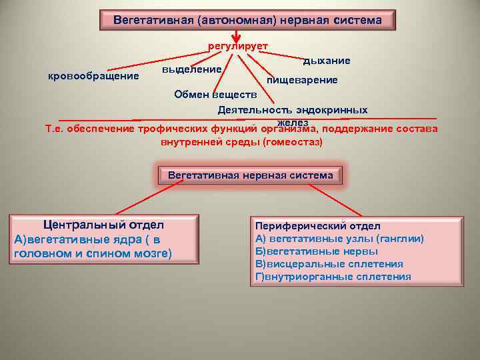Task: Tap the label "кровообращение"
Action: (94, 75)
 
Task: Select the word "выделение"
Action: (192, 69)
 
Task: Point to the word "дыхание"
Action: (327, 61)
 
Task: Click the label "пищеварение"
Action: (302, 80)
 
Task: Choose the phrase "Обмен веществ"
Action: (210, 95)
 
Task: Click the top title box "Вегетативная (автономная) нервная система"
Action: (247, 20)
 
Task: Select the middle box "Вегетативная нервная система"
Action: (250, 175)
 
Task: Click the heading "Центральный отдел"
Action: (103, 225)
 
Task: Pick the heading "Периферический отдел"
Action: (318, 226)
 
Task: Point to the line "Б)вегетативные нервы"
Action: (316, 251)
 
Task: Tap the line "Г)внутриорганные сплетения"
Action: (333, 277)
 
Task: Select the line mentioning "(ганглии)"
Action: (339, 239)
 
